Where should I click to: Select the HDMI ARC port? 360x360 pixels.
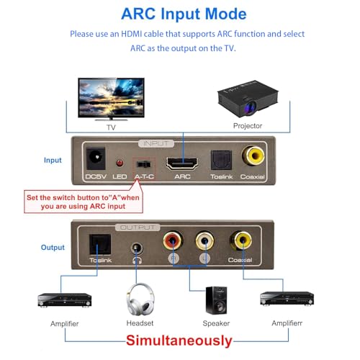pyautogui.click(x=182, y=163)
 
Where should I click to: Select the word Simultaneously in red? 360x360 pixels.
pyautogui.click(x=180, y=341)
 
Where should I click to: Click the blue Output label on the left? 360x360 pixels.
pyautogui.click(x=53, y=247)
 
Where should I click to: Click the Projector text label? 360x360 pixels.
pyautogui.click(x=248, y=126)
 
